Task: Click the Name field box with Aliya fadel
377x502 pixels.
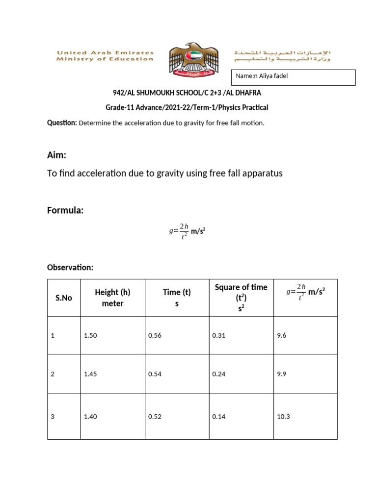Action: tap(293, 77)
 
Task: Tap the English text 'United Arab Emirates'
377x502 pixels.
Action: tap(105, 52)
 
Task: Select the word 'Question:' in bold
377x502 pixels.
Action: tap(62, 123)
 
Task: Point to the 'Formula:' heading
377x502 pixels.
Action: tap(65, 210)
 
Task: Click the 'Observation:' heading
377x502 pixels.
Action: tap(70, 267)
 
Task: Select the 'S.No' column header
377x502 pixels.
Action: tap(64, 298)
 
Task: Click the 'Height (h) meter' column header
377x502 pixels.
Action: tap(112, 298)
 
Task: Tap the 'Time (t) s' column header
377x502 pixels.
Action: tap(177, 298)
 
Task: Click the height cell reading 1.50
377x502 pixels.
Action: tap(90, 336)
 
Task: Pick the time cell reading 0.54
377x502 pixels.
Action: tap(155, 374)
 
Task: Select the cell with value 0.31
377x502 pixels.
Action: tap(218, 336)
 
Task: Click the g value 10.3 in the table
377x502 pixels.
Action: tap(284, 417)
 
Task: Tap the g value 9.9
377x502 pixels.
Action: tap(282, 374)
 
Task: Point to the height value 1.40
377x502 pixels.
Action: tap(90, 417)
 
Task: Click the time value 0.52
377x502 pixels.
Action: tap(155, 417)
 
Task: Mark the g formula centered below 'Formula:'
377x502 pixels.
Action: tap(187, 230)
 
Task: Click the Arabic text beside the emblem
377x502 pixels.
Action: tap(282, 55)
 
